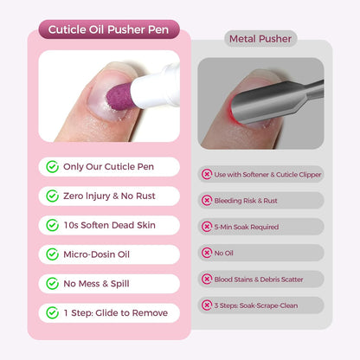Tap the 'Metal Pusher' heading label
click(260, 39)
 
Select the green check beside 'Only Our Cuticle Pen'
click(54, 167)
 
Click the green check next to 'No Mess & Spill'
click(54, 283)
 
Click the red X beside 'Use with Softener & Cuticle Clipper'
click(207, 174)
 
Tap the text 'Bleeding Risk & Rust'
click(246, 200)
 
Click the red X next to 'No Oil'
click(207, 253)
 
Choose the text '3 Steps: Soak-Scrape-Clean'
click(256, 305)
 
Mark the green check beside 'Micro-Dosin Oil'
click(54, 254)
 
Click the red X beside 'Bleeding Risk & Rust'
click(207, 200)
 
